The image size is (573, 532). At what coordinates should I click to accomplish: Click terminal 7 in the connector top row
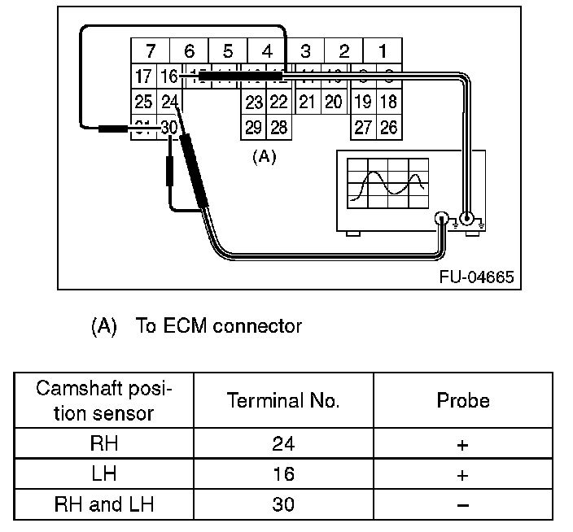[x=149, y=51]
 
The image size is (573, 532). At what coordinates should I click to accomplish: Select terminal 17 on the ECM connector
[x=143, y=77]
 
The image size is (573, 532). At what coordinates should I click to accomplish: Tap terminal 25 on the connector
[x=143, y=102]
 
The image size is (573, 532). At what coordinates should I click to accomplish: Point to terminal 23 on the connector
[x=254, y=102]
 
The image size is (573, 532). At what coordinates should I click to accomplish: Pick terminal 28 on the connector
[x=278, y=128]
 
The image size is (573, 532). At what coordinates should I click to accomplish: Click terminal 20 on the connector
[x=334, y=102]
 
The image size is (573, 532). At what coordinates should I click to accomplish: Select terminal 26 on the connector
[x=388, y=128]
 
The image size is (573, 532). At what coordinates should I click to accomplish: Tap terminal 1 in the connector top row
[x=382, y=51]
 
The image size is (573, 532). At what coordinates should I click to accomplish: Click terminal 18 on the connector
[x=388, y=102]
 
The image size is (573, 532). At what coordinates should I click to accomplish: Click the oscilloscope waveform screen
[x=387, y=182]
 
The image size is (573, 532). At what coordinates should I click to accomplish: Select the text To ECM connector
[x=218, y=326]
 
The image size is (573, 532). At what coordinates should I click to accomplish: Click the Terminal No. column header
[x=283, y=400]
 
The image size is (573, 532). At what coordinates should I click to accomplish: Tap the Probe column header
[x=463, y=400]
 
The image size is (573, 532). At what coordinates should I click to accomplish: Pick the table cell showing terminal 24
[x=283, y=444]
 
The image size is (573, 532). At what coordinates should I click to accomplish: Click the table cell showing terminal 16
[x=283, y=474]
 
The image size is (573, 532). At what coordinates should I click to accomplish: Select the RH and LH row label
[x=103, y=504]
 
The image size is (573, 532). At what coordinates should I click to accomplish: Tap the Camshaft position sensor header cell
[x=103, y=399]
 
